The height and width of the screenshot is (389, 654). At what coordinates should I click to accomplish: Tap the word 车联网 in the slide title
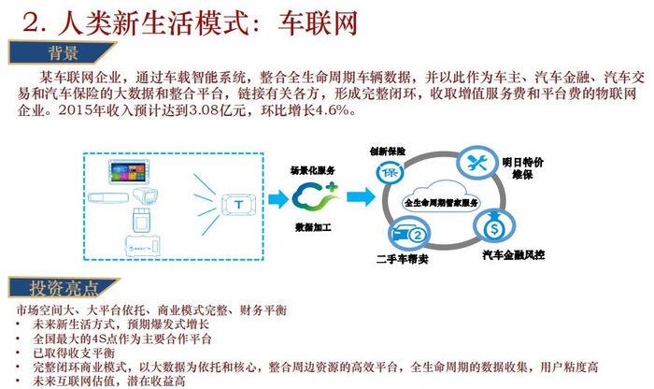pyautogui.click(x=323, y=20)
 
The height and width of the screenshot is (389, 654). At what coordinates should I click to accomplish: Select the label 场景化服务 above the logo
pyautogui.click(x=312, y=170)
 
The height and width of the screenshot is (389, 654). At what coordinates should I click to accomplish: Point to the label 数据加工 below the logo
pyautogui.click(x=315, y=226)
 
